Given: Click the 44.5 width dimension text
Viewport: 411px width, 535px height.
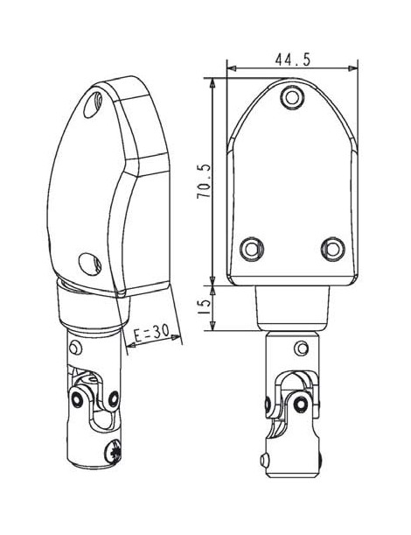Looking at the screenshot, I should point(292,60).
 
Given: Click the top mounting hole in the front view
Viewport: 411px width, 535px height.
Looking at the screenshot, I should point(292,97).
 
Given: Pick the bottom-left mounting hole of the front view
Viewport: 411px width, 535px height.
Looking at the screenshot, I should point(252,249).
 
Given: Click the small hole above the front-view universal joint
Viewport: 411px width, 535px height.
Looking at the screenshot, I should point(302,349).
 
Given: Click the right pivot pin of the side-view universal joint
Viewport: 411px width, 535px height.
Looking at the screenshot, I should point(115,399).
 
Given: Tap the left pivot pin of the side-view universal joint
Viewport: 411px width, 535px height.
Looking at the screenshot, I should point(79,398).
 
